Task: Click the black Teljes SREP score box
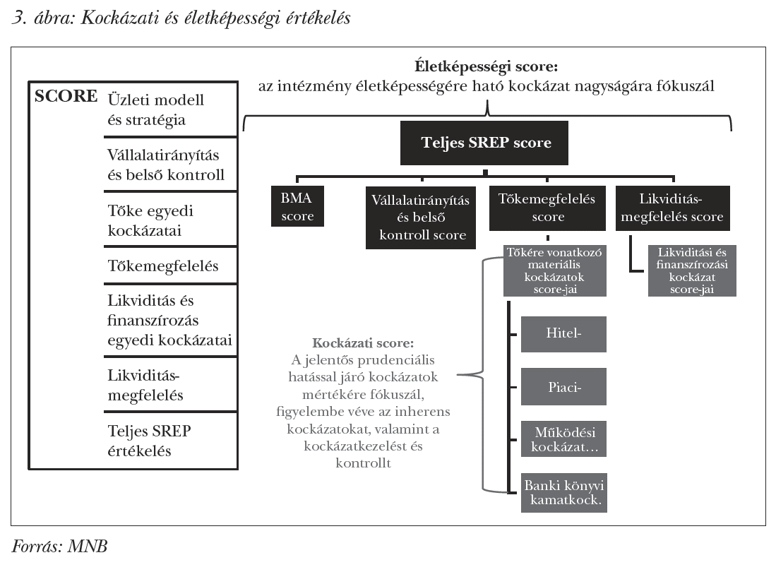point(485,143)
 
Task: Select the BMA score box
point(297,207)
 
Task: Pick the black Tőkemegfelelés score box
point(547,208)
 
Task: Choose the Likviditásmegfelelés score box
point(673,208)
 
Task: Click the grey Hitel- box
point(563,333)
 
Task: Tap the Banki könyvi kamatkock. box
point(563,492)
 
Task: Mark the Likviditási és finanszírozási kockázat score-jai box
point(692,270)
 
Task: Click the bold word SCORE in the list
point(66,97)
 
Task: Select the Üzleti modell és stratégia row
point(156,109)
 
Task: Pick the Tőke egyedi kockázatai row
point(152,220)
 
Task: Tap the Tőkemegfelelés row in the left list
point(163,266)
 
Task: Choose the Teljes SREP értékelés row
point(150,440)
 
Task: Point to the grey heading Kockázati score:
point(363,344)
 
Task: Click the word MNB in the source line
point(88,546)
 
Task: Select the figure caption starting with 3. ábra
point(181,18)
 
